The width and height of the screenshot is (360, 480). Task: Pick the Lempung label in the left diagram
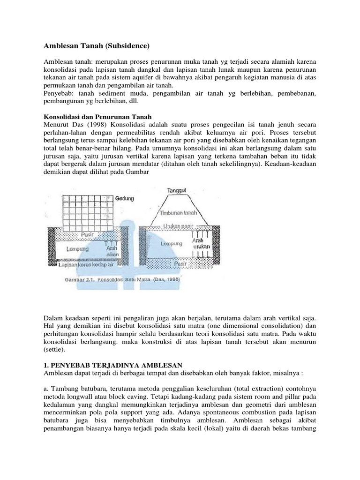point(79,248)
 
